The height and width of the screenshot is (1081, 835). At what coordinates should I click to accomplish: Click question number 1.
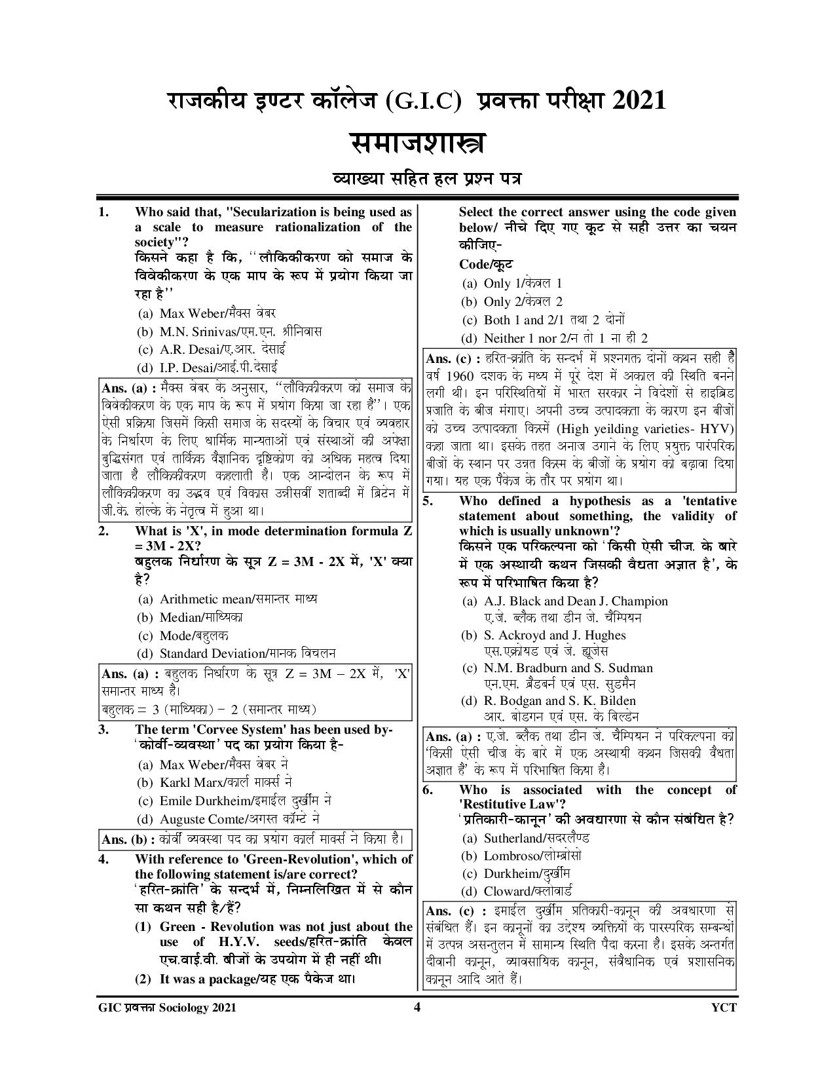pos(102,212)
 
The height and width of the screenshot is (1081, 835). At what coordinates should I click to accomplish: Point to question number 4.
pos(102,860)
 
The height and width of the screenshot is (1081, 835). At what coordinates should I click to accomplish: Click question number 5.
pos(427,501)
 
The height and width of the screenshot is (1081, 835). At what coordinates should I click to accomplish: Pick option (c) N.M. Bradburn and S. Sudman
pos(557,668)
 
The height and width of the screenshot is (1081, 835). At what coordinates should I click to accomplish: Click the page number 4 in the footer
pos(417,1008)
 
